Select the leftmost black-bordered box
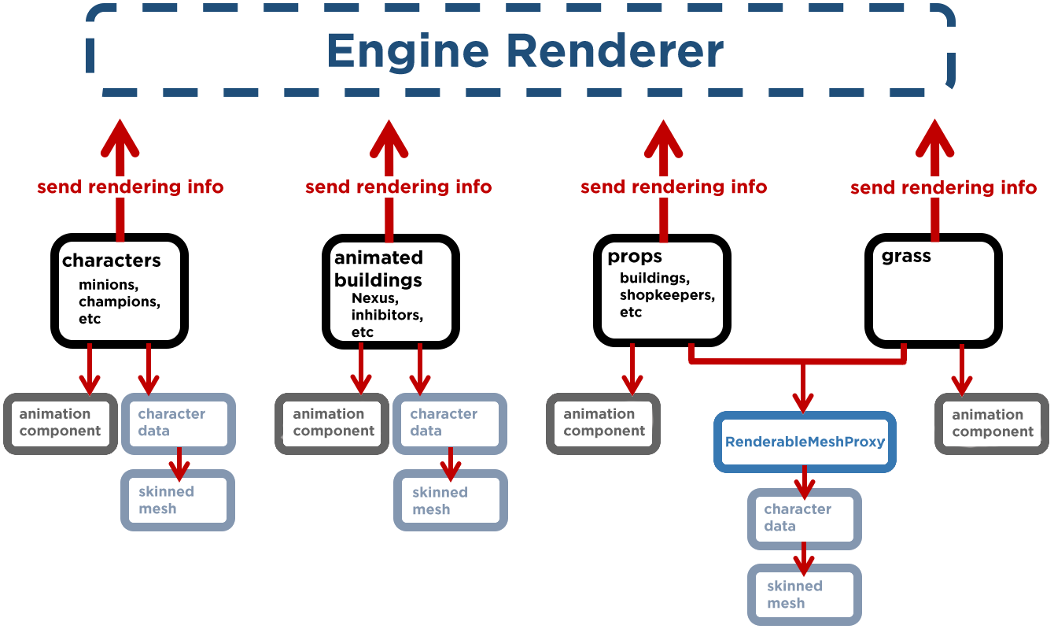120,290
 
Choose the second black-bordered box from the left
391,290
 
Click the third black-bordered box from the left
662,290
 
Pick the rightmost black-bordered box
934,290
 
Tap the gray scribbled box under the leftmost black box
61,424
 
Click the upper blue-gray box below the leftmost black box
179,424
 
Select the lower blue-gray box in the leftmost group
178,500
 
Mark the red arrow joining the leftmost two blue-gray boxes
179,463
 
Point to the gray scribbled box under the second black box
331,424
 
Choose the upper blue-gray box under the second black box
450,424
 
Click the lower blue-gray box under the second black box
451,500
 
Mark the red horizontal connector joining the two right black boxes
798,362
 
